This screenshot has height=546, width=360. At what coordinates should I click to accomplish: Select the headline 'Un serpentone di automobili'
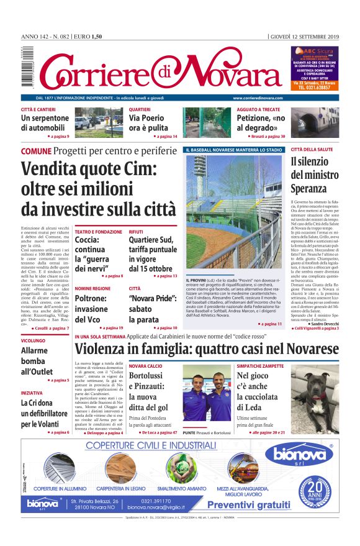pos(45,122)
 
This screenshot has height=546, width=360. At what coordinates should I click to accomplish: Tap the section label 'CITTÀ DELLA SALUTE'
pos(313,150)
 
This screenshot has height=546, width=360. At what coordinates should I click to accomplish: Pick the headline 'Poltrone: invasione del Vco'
pos(91,309)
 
